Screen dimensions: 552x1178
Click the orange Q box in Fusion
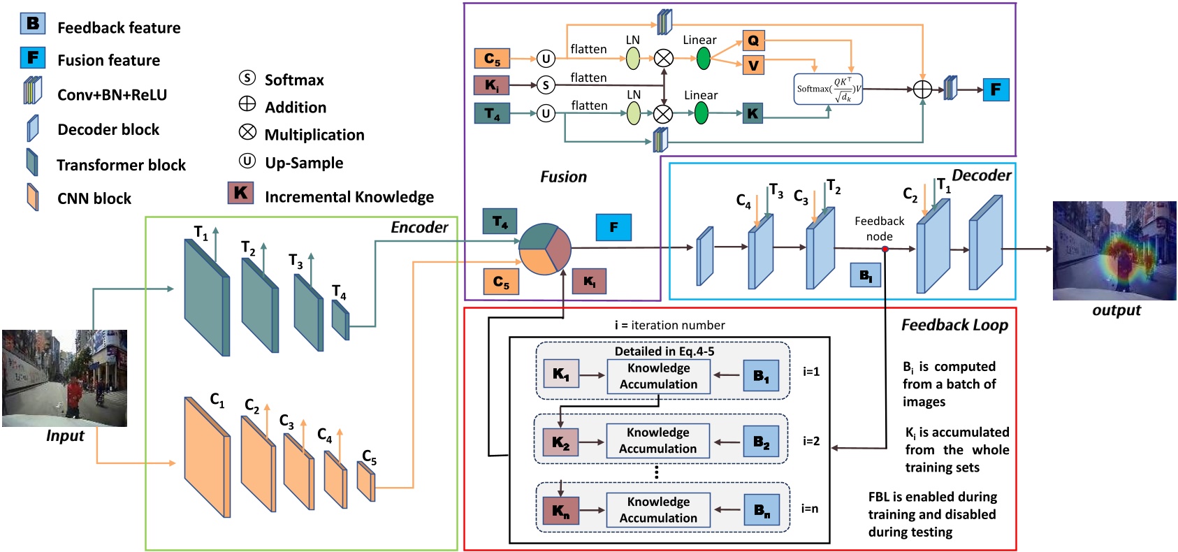coord(753,41)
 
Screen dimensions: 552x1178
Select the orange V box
coord(753,66)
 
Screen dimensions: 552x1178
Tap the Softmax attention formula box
coord(829,89)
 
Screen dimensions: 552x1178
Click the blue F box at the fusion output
coord(996,89)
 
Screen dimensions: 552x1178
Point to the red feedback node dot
coord(885,249)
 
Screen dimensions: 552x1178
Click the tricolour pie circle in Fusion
coord(545,249)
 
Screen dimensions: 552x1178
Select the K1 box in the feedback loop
coord(561,375)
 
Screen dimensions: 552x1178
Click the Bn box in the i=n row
coord(761,511)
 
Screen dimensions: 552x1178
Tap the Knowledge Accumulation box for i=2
coord(657,441)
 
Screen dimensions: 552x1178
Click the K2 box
coord(560,442)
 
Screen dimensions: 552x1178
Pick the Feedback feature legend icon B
coord(32,24)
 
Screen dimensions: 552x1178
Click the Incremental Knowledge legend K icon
coord(240,193)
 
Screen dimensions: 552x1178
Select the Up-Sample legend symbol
coord(247,161)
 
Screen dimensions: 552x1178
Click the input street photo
coord(64,378)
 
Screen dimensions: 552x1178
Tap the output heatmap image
coord(1114,251)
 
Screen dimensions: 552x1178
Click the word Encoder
coord(419,227)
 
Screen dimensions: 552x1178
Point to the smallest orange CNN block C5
coord(366,481)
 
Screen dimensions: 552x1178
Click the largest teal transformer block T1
coord(206,298)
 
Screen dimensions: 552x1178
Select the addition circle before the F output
coord(922,89)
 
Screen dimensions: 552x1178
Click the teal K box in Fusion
coord(752,113)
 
